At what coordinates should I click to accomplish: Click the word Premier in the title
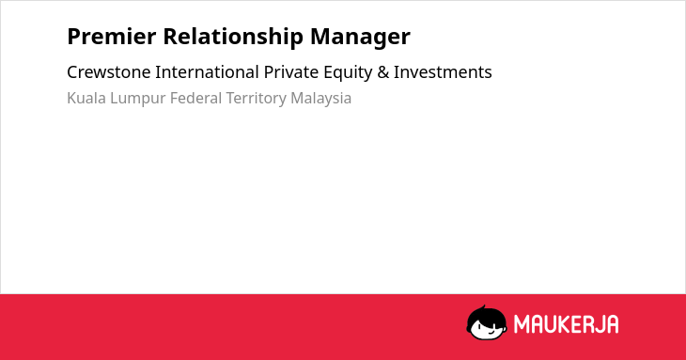[x=112, y=37]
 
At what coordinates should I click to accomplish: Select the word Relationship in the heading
[x=233, y=38]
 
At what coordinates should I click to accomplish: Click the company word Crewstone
[x=108, y=72]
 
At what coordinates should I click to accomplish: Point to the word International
[x=207, y=72]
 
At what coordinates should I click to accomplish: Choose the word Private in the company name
[x=291, y=72]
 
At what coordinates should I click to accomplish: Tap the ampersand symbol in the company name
[x=382, y=72]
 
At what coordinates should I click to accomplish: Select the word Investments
[x=443, y=72]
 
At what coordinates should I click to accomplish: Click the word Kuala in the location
[x=86, y=98]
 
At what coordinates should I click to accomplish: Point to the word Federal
[x=195, y=98]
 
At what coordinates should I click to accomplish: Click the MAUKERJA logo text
[x=566, y=324]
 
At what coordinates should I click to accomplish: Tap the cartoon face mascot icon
[x=487, y=322]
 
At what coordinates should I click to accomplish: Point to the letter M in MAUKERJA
[x=522, y=324]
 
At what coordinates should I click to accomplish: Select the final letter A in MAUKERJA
[x=612, y=324]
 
